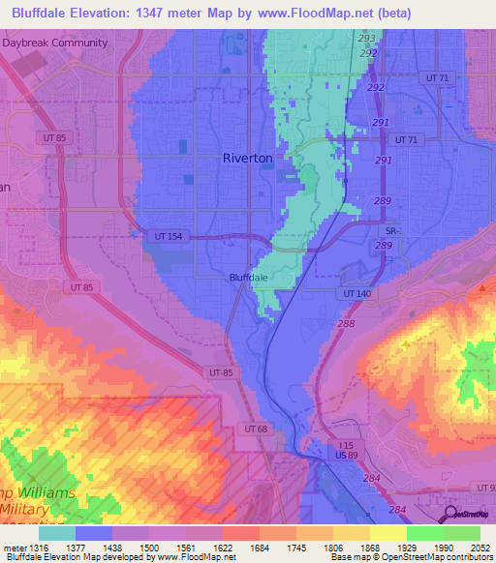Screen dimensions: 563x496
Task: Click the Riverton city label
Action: tap(247, 158)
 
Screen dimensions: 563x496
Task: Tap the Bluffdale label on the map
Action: tap(247, 277)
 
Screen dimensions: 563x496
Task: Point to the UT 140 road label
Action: tap(356, 292)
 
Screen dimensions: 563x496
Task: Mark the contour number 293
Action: tap(367, 39)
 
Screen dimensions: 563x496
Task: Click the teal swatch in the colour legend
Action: tap(56, 533)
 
